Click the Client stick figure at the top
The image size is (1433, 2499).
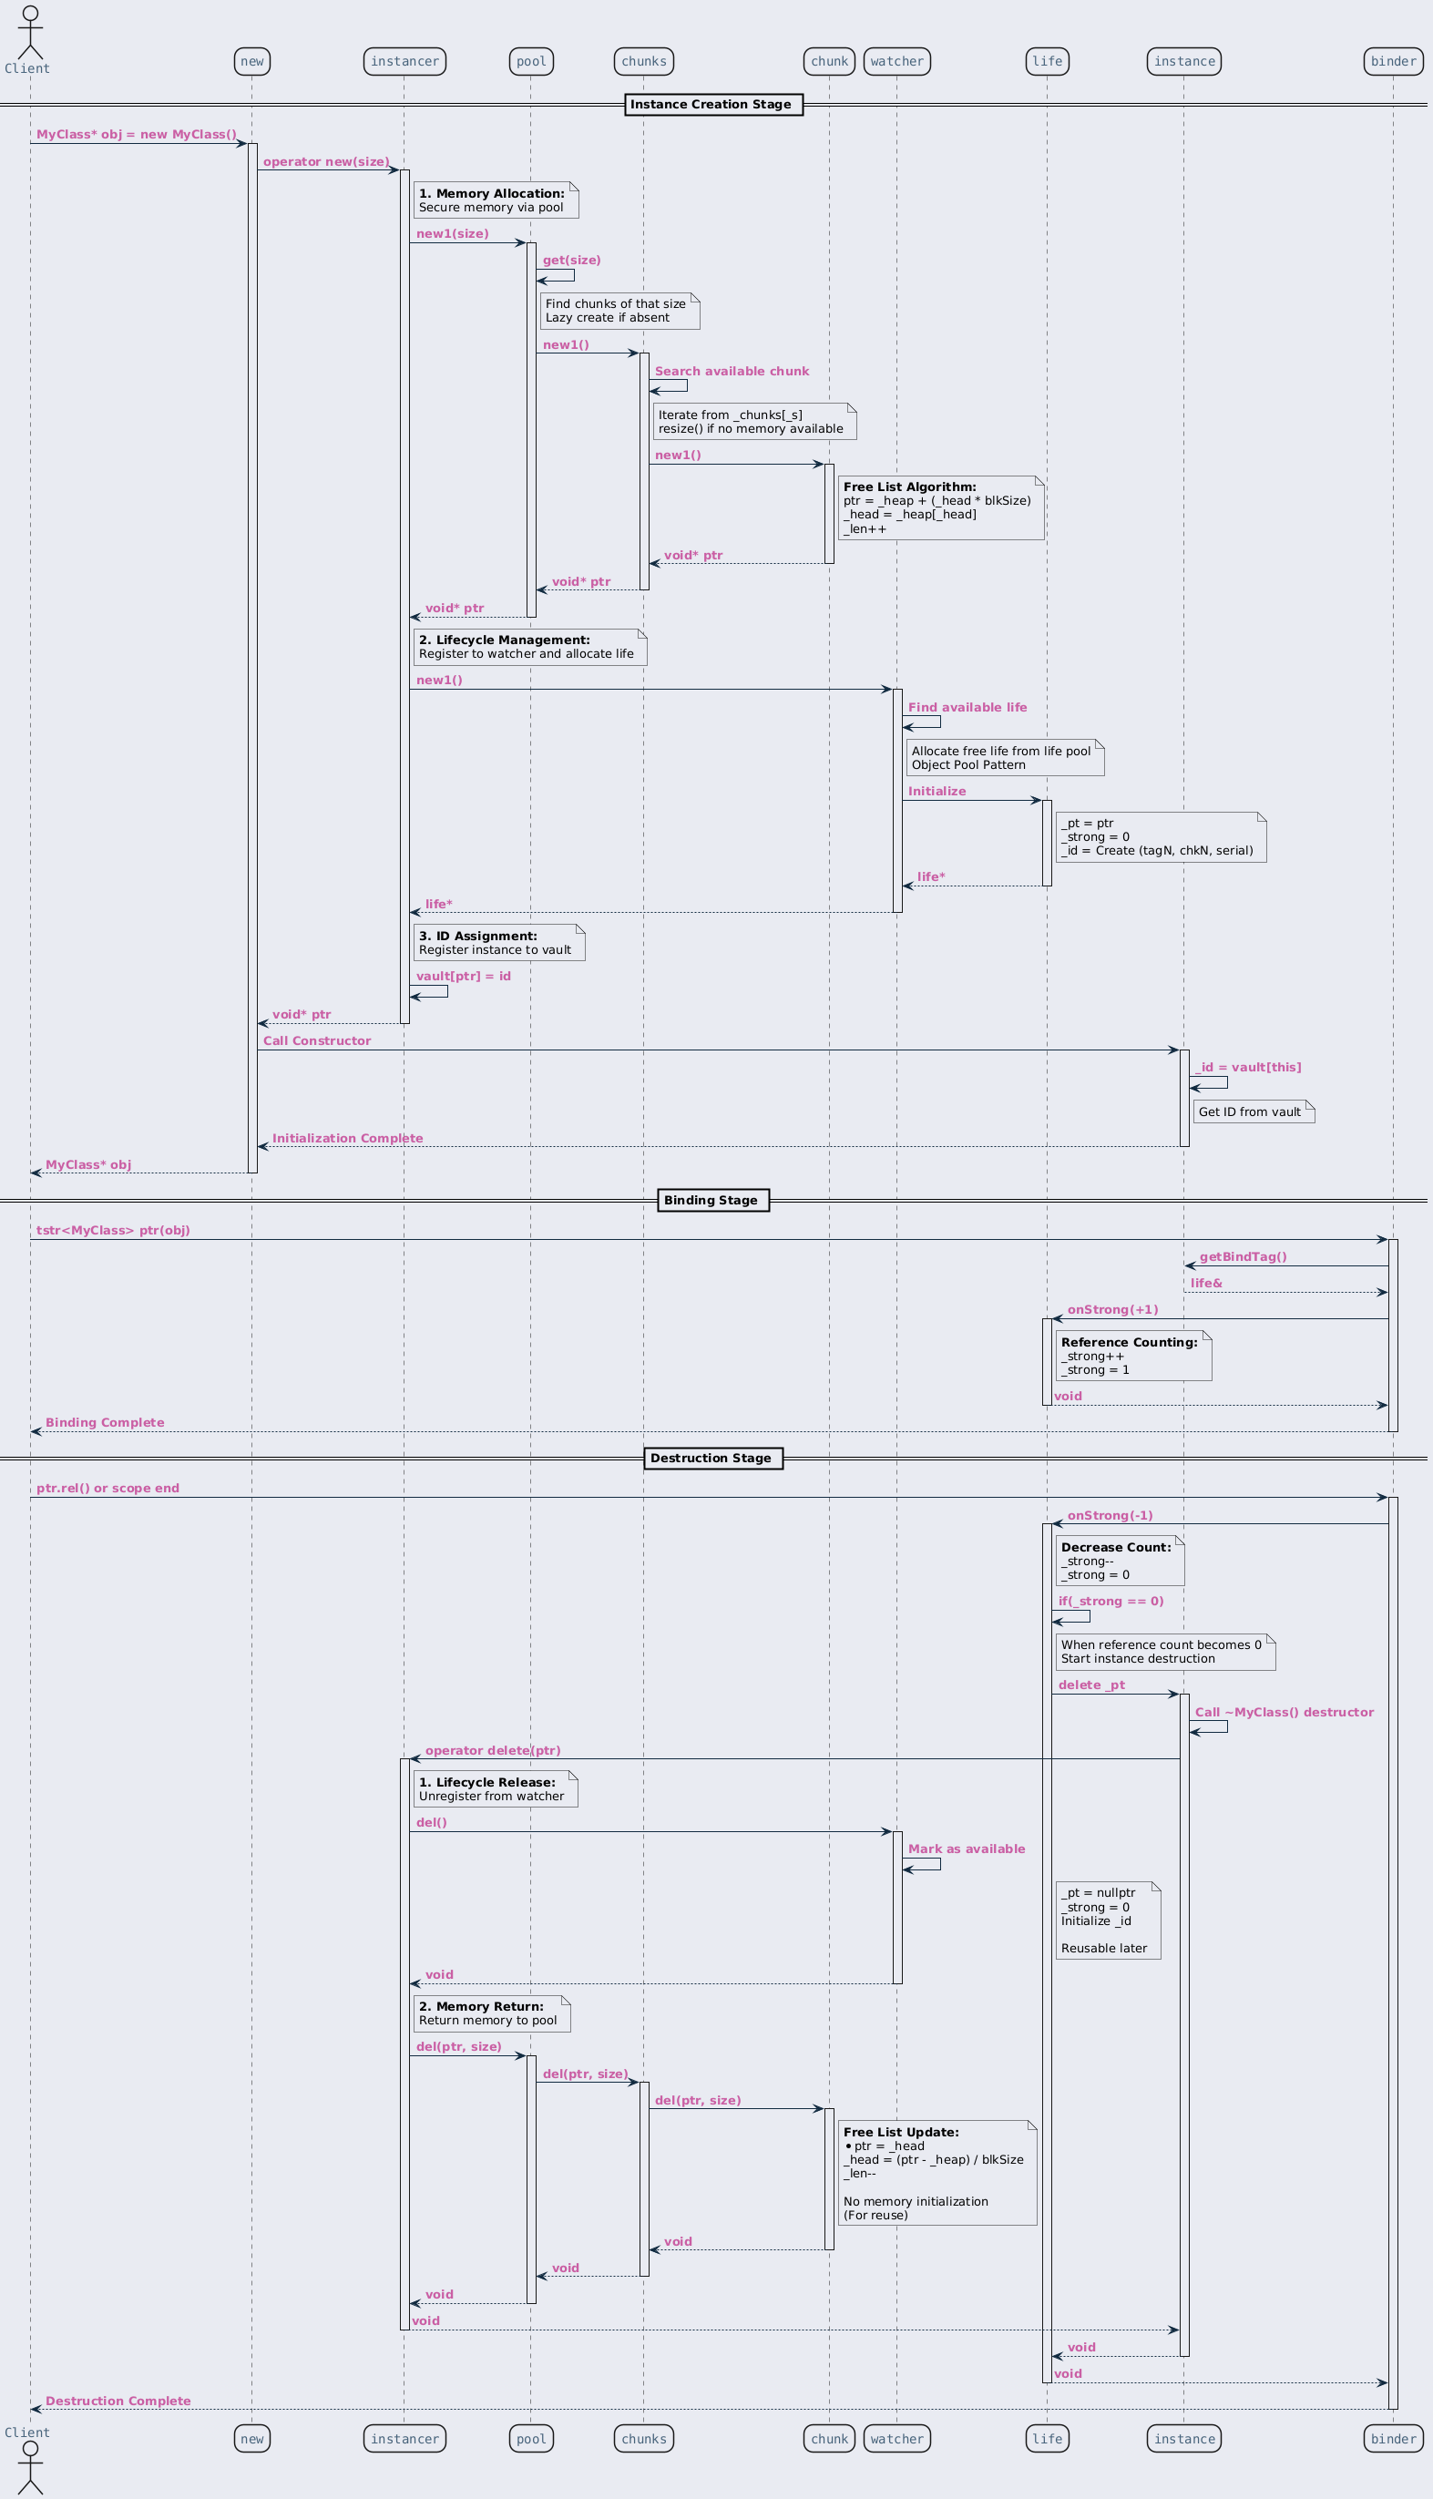click(x=30, y=32)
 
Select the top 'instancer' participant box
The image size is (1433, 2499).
click(x=404, y=61)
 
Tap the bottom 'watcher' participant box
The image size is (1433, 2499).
click(x=896, y=2438)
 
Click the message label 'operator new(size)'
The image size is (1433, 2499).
click(x=326, y=161)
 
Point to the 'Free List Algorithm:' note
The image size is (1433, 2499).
click(x=941, y=507)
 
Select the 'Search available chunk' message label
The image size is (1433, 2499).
click(x=732, y=371)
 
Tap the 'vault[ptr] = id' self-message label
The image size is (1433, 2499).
click(x=464, y=977)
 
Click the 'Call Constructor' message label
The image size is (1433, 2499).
click(x=317, y=1040)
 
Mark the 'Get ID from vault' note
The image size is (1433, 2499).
click(x=1254, y=1111)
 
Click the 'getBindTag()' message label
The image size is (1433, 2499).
click(x=1243, y=1257)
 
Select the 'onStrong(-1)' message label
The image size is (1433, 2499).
click(x=1111, y=1516)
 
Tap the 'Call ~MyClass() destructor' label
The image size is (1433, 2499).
click(x=1285, y=1713)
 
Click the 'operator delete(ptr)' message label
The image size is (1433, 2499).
click(x=493, y=1751)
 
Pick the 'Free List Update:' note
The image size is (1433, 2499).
click(x=937, y=2173)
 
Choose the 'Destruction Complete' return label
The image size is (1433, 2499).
click(x=118, y=2402)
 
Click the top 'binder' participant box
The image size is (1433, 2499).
click(x=1394, y=61)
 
